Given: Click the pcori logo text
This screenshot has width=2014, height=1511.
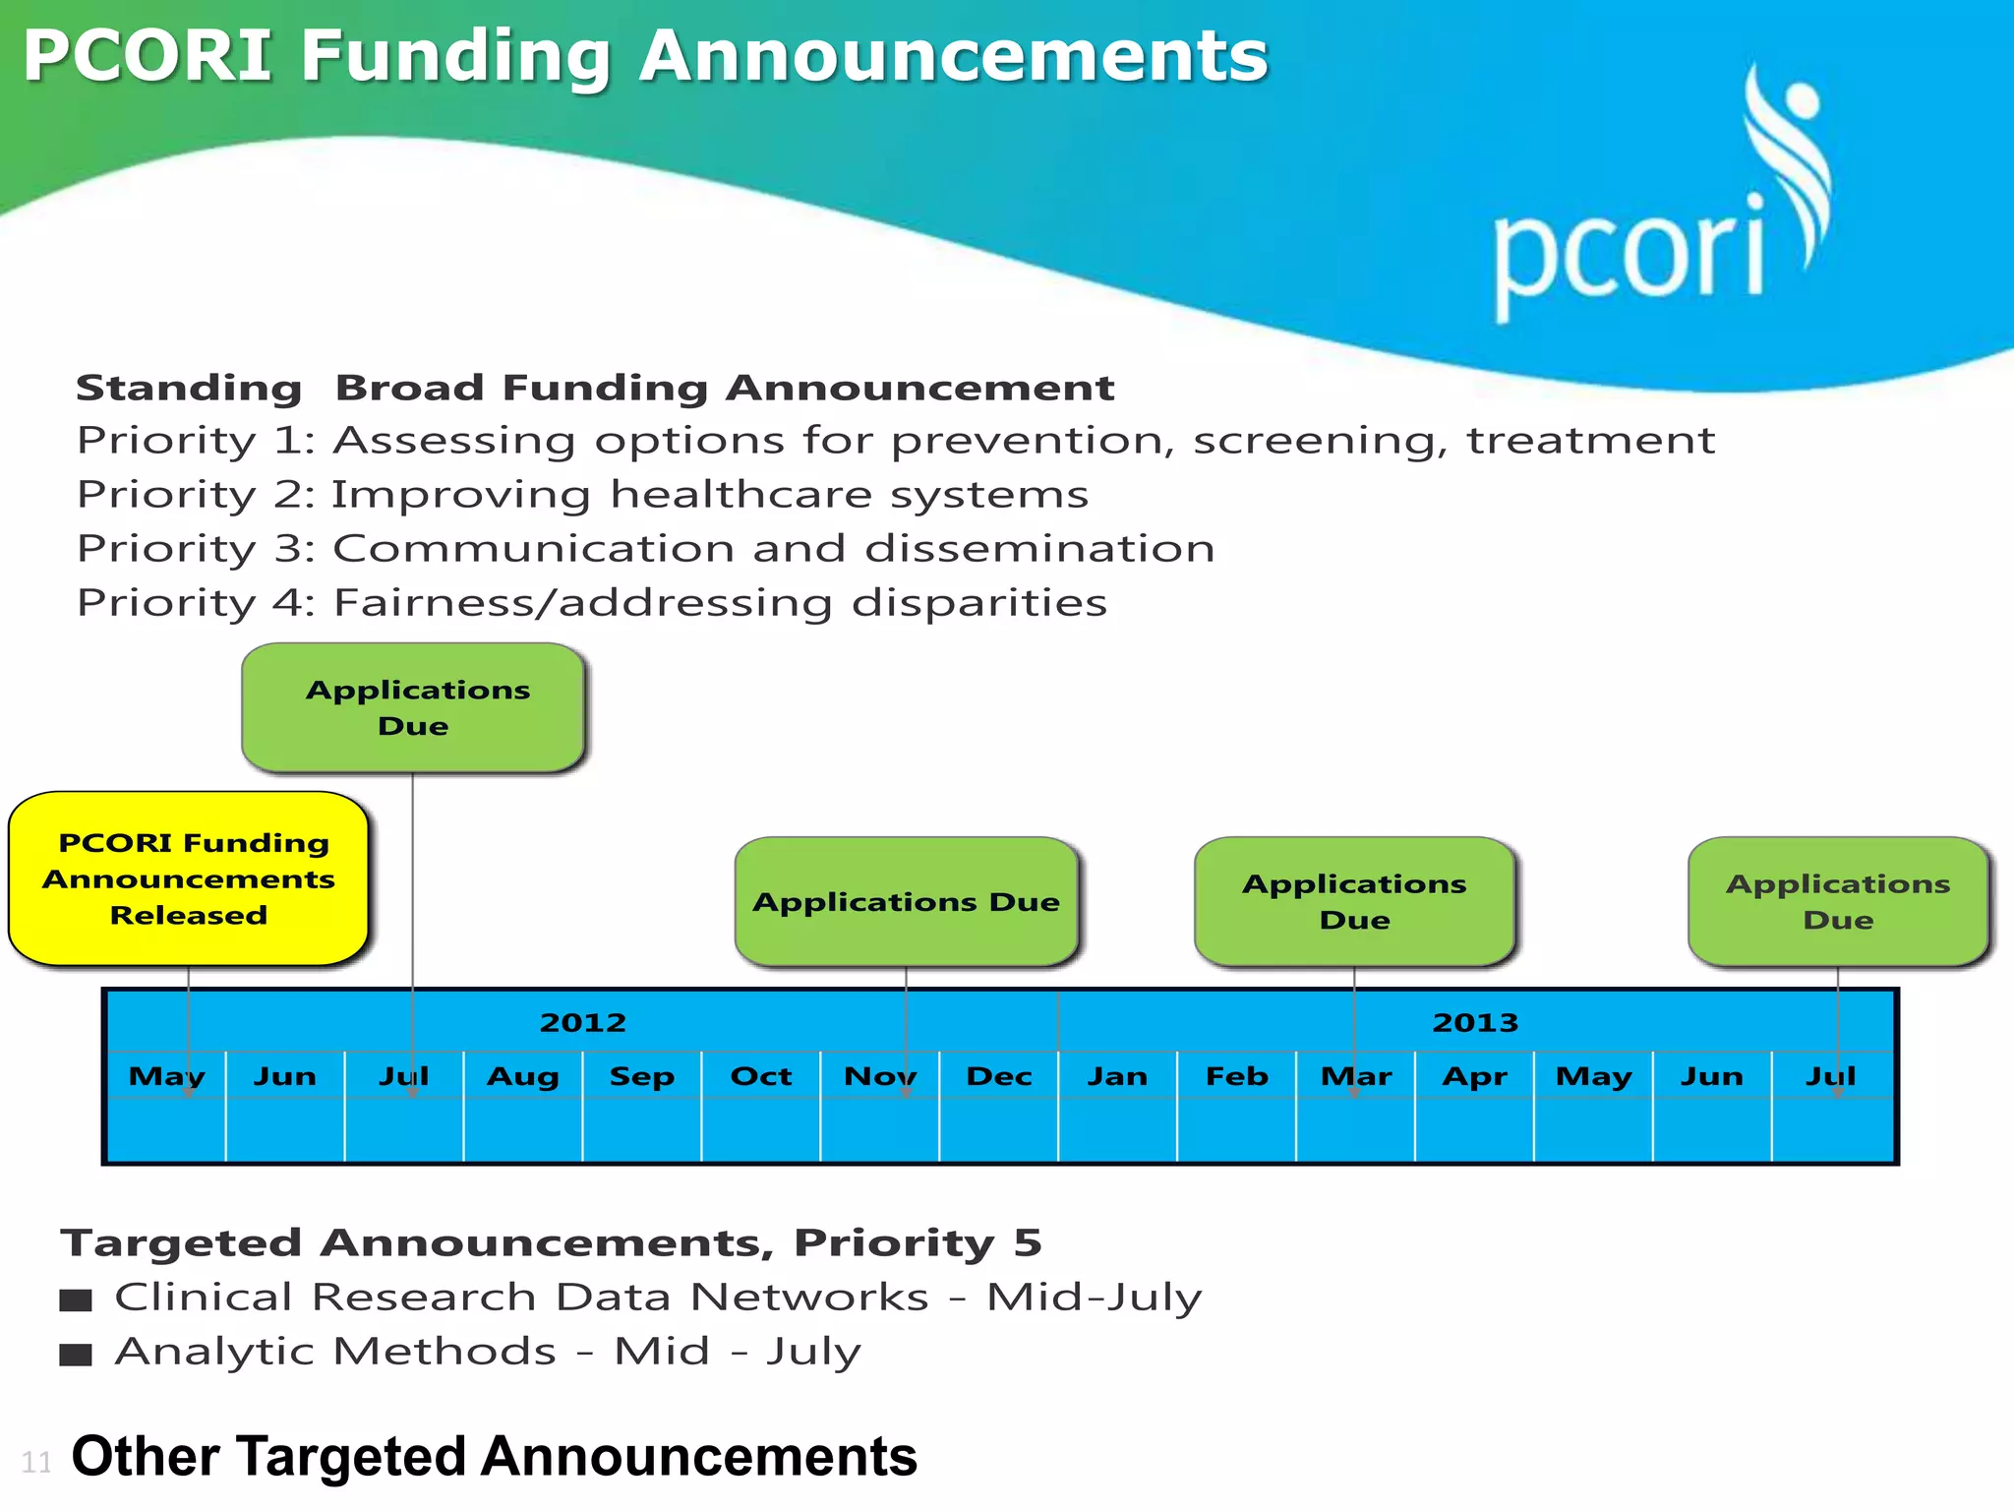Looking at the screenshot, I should point(1628,254).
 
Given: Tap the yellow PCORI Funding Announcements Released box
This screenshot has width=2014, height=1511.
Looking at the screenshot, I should point(189,878).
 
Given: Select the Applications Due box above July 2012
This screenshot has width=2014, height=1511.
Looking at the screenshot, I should point(414,707).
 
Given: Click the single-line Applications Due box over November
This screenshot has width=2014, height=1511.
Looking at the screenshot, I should point(906,902).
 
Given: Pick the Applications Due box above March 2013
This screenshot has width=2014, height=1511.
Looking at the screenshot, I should point(1354,901).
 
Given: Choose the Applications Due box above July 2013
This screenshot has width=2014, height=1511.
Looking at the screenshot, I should point(1838,901).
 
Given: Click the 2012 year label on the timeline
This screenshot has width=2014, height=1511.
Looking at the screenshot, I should point(582,1022).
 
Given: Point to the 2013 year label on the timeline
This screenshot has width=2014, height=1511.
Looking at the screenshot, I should point(1475,1022).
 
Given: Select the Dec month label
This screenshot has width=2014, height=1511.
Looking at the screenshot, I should point(999,1076).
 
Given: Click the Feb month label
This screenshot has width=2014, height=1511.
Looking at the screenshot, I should point(1237,1076).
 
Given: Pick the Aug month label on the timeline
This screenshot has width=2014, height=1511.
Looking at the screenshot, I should point(523,1076).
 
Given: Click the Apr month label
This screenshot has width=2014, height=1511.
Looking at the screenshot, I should point(1474,1076).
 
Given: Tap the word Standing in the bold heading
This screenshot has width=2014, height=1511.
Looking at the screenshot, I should point(189,388).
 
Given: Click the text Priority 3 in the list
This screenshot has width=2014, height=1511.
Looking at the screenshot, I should point(195,549).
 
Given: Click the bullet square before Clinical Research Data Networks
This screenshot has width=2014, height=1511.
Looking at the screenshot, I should point(76,1300).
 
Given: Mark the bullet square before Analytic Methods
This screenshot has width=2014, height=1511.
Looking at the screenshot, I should point(76,1355).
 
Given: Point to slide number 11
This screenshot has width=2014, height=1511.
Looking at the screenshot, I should point(36,1462).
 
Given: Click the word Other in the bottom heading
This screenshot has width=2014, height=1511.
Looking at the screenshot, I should point(146,1457).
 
